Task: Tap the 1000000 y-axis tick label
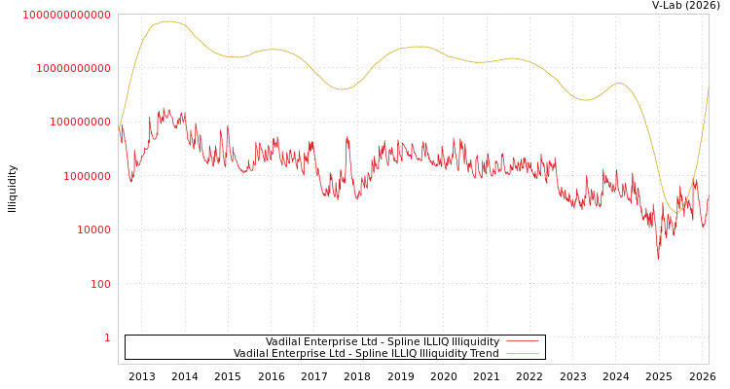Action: click(86, 176)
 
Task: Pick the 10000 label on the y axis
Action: click(92, 230)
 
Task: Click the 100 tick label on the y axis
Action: click(99, 284)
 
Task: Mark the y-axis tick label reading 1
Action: click(107, 337)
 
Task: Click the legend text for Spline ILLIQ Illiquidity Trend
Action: click(366, 354)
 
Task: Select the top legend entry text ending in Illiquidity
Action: click(383, 342)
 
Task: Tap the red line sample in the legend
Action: click(523, 342)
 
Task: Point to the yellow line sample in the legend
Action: click(523, 354)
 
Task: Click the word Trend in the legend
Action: click(484, 354)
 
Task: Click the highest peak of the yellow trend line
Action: click(167, 21)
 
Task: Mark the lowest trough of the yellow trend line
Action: click(676, 212)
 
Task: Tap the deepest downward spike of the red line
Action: click(658, 258)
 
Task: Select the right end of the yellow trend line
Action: click(708, 86)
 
